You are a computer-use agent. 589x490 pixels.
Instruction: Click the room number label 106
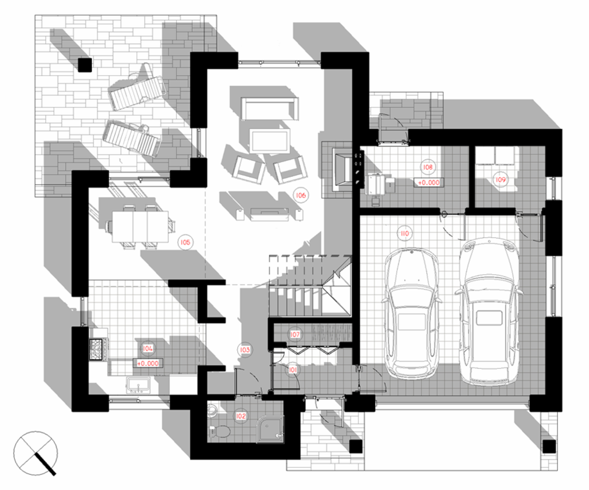coord(301,195)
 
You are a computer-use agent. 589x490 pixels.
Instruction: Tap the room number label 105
coord(185,242)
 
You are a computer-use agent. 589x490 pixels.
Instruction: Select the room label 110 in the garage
coord(405,233)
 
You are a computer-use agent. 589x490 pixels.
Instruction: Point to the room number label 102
coord(241,416)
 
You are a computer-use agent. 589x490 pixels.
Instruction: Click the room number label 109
coord(500,180)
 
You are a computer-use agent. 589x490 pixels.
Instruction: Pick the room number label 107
coord(295,335)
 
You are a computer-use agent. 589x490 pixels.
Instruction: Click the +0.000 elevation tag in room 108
coord(429,183)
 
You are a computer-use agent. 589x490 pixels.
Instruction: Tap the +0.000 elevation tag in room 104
coord(148,364)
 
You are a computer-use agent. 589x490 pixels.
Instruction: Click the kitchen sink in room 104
coord(138,385)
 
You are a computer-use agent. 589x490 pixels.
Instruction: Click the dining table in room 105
coord(140,227)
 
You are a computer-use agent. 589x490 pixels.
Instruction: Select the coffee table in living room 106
coord(270,141)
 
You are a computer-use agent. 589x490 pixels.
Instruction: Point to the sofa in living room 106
coord(270,109)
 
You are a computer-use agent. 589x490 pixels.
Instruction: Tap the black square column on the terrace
coord(85,65)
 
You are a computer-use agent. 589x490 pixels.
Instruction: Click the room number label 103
coord(245,350)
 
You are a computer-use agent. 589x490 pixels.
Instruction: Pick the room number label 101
coord(293,369)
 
